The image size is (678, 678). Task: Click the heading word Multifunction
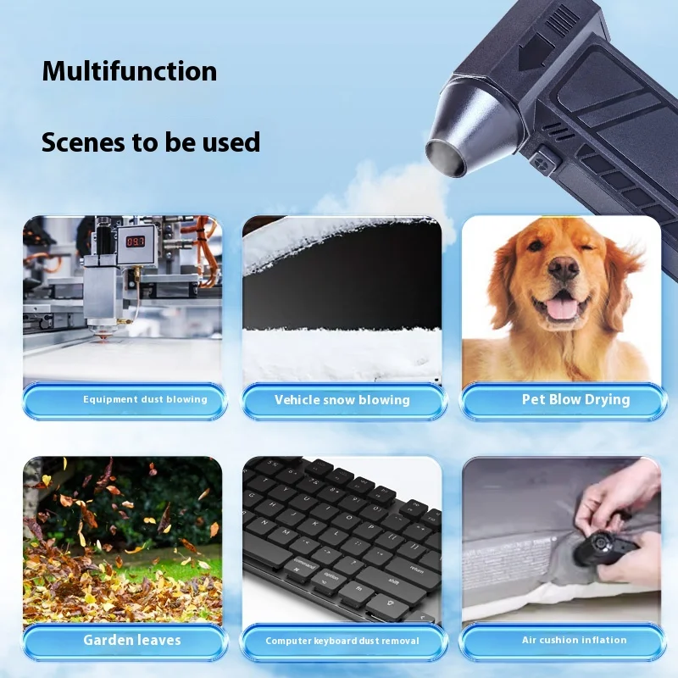[130, 70]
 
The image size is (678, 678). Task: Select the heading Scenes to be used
[151, 142]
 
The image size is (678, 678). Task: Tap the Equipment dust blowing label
[145, 399]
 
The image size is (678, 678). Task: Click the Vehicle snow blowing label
[342, 400]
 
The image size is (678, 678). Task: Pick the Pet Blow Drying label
[575, 399]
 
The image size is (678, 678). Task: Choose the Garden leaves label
[132, 639]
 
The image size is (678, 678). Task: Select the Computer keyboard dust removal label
[342, 641]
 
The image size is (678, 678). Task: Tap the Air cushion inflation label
[575, 640]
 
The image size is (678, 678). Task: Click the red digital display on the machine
[136, 242]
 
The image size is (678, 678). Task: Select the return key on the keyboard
[415, 569]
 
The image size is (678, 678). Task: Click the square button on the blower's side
[543, 158]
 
